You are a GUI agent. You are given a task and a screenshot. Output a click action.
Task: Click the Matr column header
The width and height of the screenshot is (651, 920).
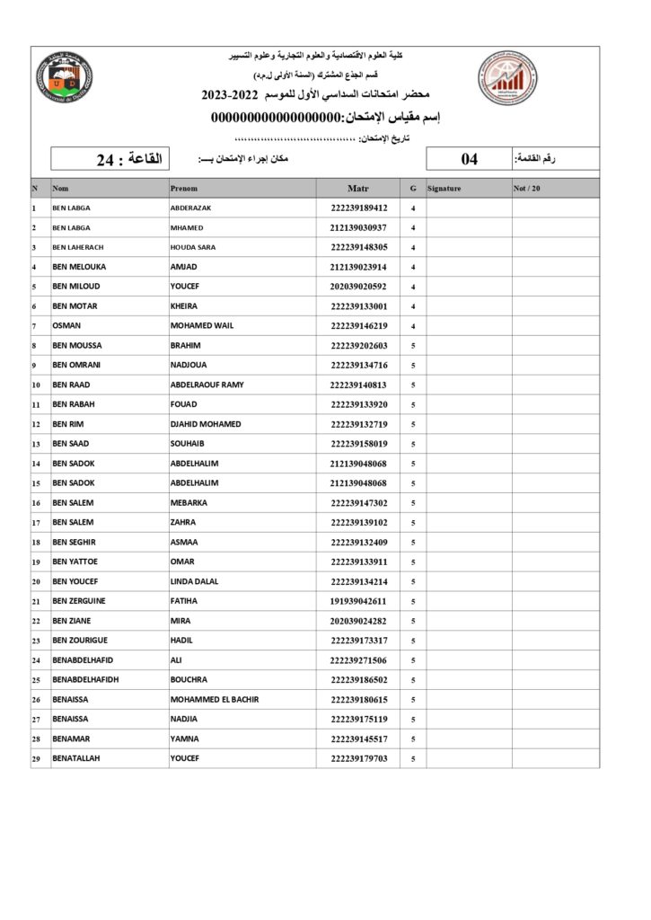coord(357,189)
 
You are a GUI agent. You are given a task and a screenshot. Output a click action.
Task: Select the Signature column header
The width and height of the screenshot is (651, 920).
coord(444,189)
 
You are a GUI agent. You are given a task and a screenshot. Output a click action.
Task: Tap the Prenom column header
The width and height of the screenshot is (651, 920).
coord(184,189)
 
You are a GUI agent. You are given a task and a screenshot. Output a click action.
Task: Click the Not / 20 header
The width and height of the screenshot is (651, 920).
coord(527,189)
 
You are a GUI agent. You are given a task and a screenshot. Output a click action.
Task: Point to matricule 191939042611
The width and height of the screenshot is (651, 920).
coord(358,601)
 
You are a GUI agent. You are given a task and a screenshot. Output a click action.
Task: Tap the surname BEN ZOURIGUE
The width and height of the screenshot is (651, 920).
coord(83,641)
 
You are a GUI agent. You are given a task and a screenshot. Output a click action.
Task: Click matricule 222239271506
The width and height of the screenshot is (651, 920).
coord(358,660)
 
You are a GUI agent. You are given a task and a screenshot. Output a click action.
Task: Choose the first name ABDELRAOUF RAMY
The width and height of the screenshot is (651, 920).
coord(207,385)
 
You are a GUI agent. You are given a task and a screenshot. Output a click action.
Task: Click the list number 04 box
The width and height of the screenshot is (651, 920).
coord(470,159)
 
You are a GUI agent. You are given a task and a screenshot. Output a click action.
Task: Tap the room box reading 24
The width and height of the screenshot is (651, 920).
coord(129,159)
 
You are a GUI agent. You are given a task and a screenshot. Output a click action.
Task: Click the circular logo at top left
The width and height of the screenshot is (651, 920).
coord(64,79)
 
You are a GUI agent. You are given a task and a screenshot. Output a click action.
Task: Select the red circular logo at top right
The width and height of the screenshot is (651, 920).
coord(506,78)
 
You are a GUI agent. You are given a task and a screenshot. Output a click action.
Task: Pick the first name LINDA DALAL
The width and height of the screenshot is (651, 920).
coord(194,581)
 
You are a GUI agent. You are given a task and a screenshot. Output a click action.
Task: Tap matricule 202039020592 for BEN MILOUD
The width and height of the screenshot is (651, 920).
coord(358,287)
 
